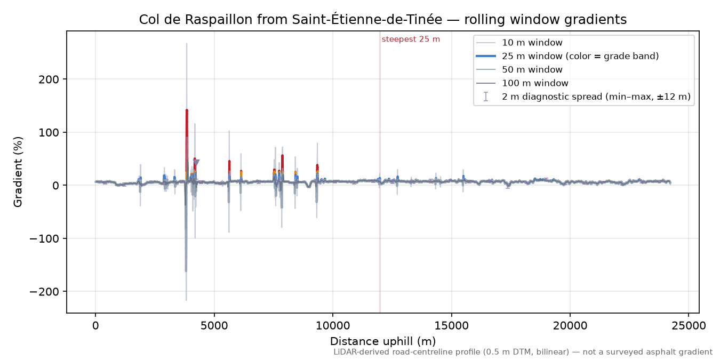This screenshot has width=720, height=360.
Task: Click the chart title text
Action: point(383,20)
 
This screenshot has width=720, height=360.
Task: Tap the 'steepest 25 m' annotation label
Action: point(411,39)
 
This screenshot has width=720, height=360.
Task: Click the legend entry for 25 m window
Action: point(567,56)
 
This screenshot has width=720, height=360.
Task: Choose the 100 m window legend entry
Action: point(522,83)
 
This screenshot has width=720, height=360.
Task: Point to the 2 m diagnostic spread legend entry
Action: point(583,97)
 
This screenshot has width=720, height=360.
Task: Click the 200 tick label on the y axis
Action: point(49,79)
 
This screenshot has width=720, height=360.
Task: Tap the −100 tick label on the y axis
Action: point(44,238)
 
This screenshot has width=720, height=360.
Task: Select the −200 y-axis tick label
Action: point(44,292)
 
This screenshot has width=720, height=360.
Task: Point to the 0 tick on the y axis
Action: point(56,186)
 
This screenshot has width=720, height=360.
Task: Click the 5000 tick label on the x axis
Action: point(214,326)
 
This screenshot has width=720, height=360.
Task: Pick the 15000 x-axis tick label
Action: point(451,326)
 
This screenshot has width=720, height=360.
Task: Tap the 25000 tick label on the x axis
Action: point(689,326)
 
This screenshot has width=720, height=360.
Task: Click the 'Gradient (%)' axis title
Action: point(18,172)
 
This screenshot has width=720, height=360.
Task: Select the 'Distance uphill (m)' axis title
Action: point(383,341)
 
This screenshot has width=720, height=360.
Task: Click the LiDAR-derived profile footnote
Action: point(523,352)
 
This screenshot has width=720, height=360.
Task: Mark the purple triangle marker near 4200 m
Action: point(196,163)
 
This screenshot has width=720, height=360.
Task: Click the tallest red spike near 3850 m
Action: point(187,141)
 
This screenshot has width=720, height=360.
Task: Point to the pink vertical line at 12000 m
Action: point(380,172)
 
